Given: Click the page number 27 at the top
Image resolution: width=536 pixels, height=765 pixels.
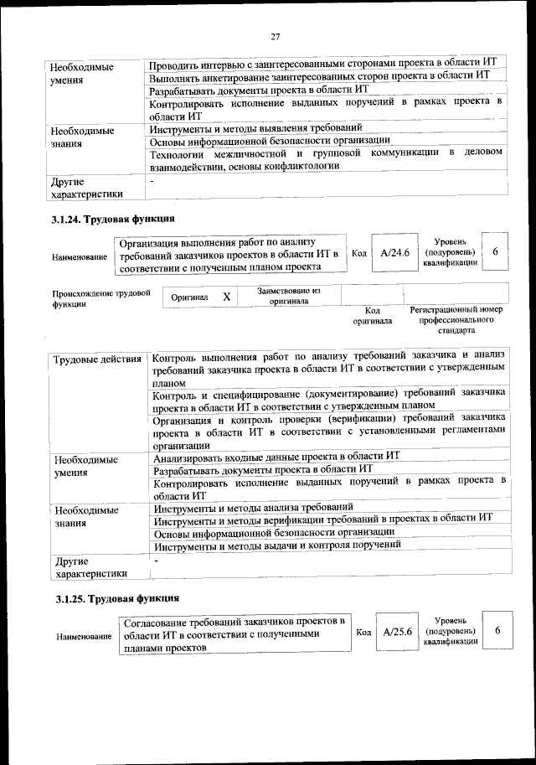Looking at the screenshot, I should click(274, 35).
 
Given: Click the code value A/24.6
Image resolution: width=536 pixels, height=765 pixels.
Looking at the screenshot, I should click(394, 253).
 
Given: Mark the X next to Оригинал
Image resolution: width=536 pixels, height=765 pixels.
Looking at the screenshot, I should click(226, 297).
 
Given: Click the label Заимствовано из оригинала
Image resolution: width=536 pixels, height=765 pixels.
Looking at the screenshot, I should click(288, 296).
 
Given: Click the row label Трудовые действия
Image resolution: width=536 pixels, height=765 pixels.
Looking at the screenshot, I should click(97, 360).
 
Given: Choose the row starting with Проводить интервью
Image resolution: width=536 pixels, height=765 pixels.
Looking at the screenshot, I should click(322, 64).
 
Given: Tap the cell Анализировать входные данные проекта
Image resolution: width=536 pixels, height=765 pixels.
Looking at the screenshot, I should click(277, 457).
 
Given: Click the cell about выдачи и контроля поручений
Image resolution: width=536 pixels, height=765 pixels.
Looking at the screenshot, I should click(277, 545).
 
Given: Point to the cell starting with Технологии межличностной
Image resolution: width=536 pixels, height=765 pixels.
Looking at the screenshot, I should click(326, 159).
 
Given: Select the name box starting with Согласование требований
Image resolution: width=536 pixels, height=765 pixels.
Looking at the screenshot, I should click(234, 634).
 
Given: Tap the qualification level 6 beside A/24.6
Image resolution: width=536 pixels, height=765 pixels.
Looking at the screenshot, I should click(495, 252).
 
